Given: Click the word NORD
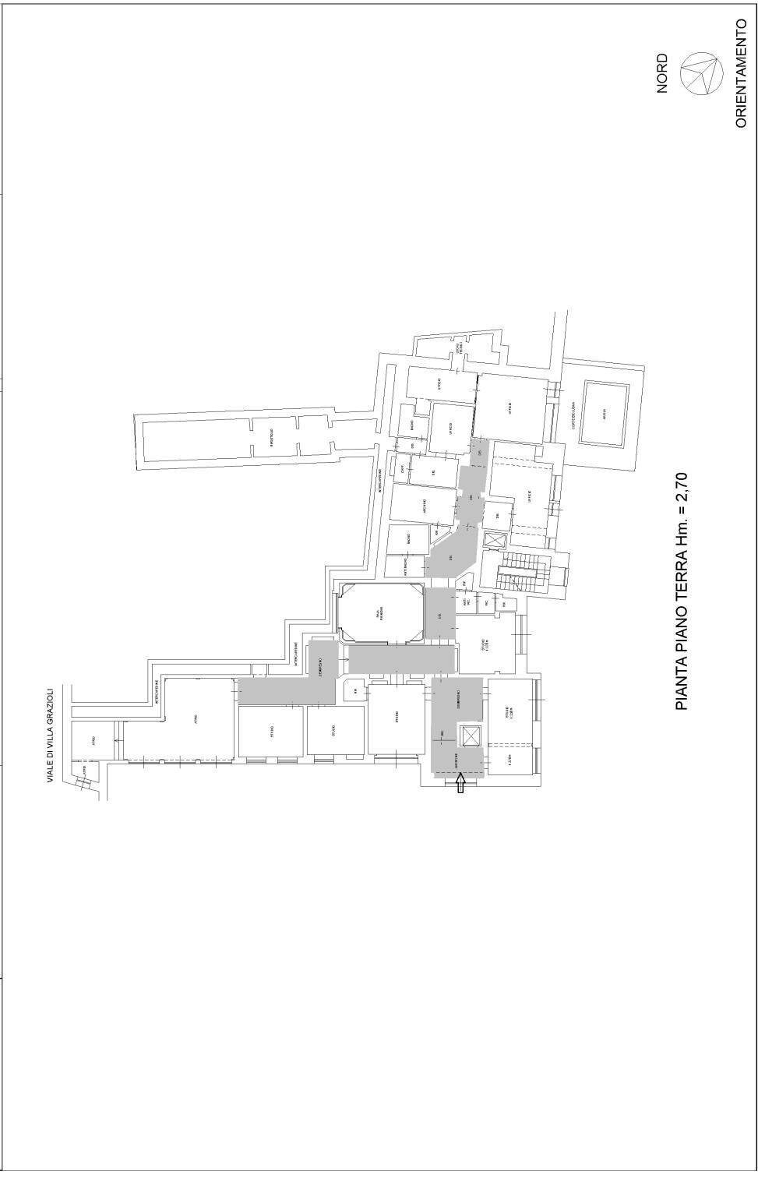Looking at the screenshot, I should point(662,74).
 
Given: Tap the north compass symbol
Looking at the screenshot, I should point(699,73).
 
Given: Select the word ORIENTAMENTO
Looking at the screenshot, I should point(741,73).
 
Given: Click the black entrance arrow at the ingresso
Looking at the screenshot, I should point(460,782).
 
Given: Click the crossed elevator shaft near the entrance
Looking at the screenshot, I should point(469,736).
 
